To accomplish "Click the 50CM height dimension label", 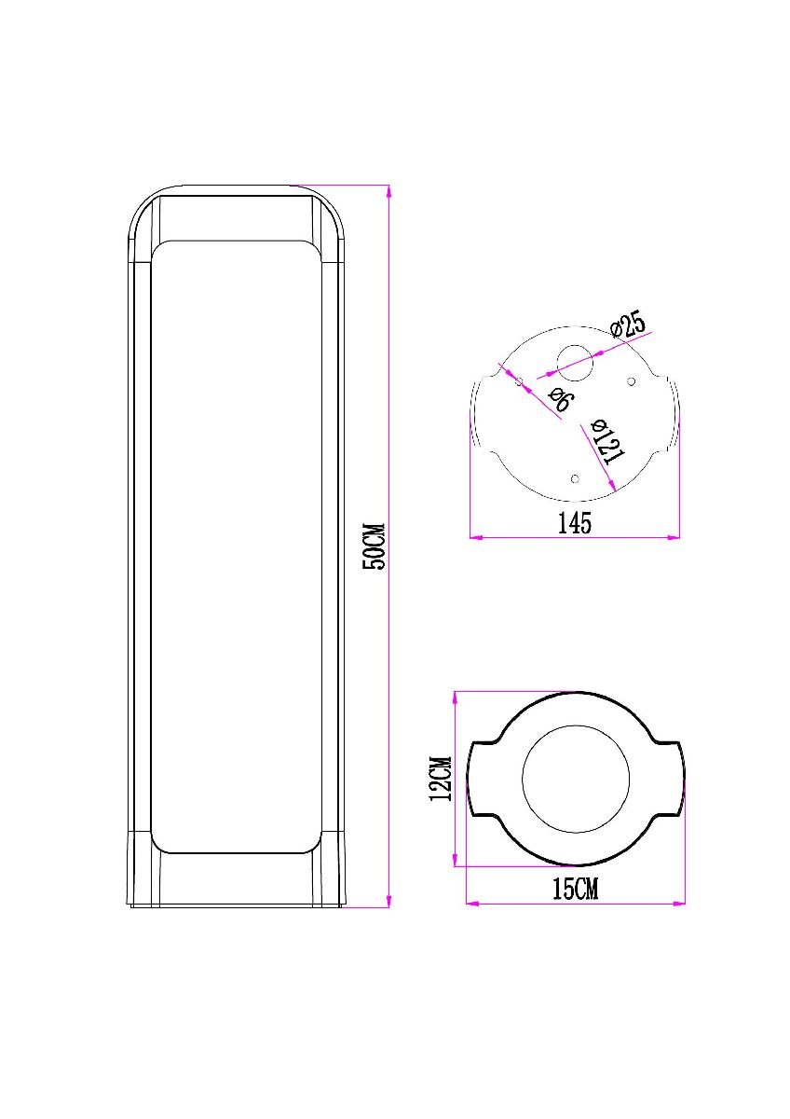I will pos(375,546).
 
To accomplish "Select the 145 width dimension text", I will pos(575,523).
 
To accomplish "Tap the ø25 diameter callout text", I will pos(629,324).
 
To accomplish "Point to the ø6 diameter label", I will pos(559,401).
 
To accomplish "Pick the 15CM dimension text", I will pos(575,890).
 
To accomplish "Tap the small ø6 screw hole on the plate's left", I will pos(519,380).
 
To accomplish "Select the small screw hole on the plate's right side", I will pos(631,380).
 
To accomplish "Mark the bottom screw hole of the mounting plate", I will pos(575,477).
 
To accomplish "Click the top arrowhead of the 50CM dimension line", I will pos(388,190).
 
